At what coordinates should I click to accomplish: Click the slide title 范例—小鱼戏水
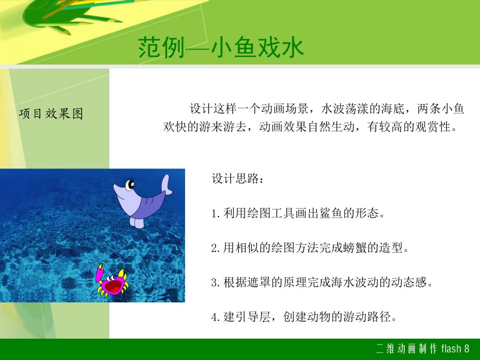coord(221,47)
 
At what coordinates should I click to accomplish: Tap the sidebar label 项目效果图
coord(51,114)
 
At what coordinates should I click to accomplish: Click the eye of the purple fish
coord(130,185)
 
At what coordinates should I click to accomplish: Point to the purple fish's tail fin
coord(166,185)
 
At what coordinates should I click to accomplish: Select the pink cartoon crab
coord(111,281)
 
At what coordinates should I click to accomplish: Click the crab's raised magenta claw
coord(100,274)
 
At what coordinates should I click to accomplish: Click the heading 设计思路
coord(237,179)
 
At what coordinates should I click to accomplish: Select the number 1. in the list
coord(215,213)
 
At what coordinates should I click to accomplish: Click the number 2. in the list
coord(215,247)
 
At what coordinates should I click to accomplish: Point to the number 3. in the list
coord(215,282)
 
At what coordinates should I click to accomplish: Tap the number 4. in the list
coord(215,317)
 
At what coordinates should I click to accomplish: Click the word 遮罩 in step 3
coord(259,282)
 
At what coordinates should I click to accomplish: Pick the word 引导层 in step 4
coord(253,316)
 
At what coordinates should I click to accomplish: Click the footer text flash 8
coord(455,349)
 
